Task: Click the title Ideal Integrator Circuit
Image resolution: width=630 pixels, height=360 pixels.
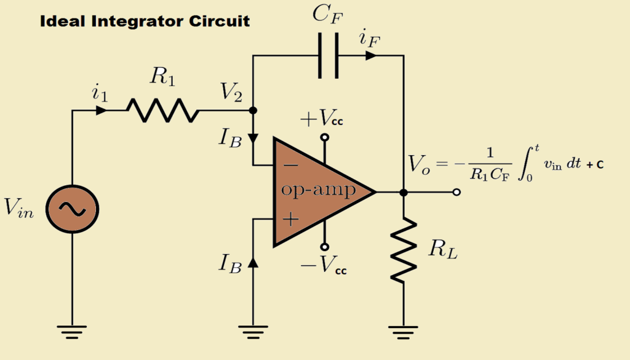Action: [145, 21]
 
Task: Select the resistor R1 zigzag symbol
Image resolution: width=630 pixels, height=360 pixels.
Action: [163, 111]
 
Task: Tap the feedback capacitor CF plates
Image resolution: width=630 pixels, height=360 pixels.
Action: [328, 56]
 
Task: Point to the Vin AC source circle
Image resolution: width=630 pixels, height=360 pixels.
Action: [73, 210]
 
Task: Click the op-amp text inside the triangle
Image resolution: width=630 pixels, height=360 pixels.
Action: [318, 190]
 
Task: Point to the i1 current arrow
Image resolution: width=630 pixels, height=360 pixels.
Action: [101, 111]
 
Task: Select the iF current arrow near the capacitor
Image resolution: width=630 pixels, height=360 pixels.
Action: [370, 56]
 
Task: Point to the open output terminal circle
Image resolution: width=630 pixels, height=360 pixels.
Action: [456, 192]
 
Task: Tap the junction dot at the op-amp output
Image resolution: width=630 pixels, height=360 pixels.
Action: [404, 192]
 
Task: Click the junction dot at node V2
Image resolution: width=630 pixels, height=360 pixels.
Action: [253, 111]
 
